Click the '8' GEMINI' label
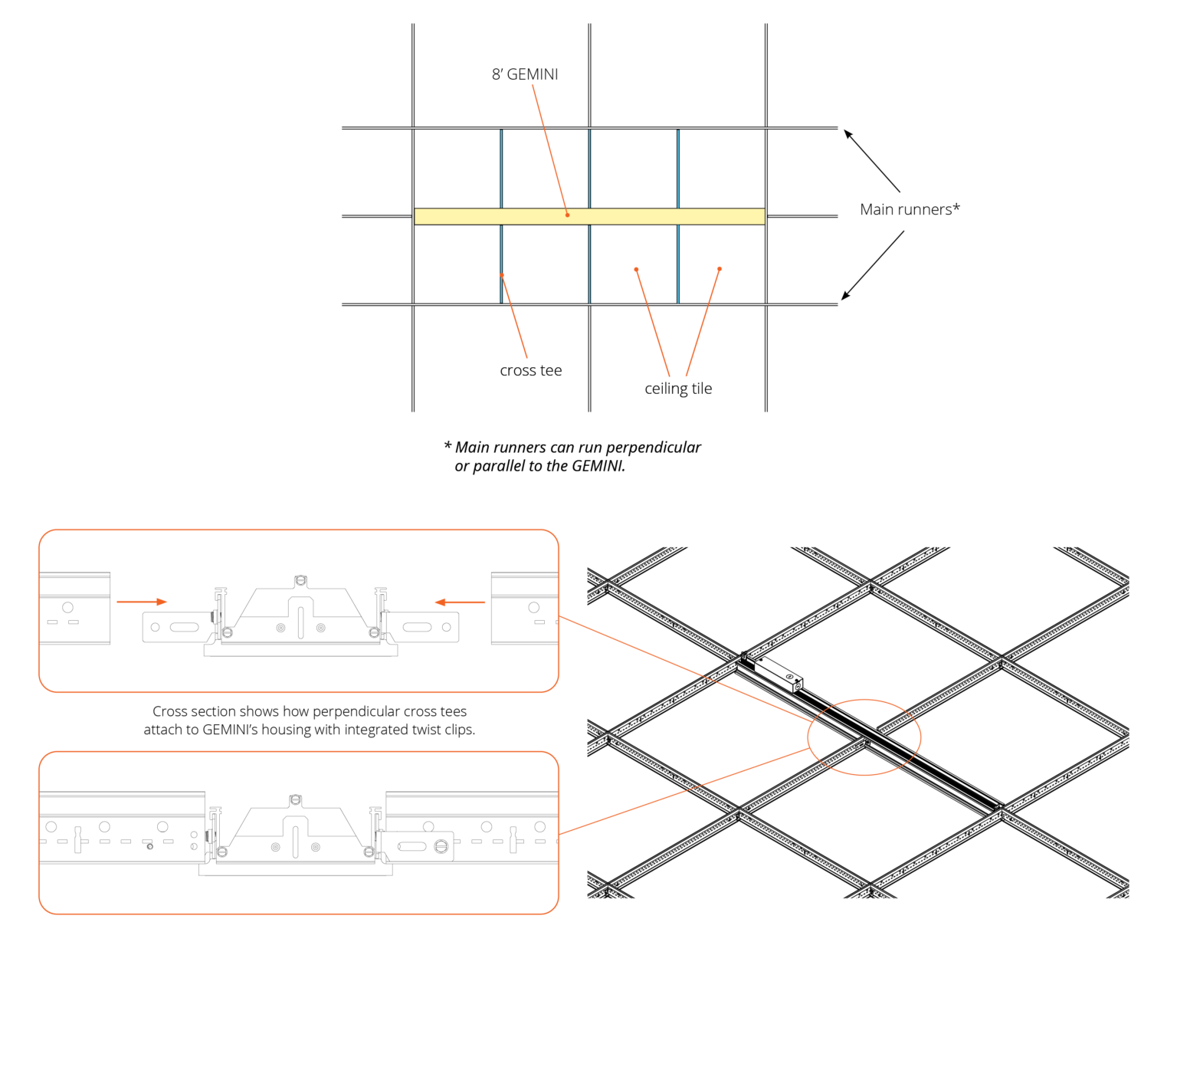click(x=525, y=74)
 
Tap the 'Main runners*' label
click(x=910, y=209)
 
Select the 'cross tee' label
click(x=531, y=370)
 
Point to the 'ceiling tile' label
click(x=678, y=389)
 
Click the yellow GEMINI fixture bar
click(x=589, y=216)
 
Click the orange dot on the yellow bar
click(x=567, y=215)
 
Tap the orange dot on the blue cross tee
click(x=502, y=275)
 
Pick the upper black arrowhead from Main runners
click(x=848, y=134)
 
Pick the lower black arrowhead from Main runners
click(x=846, y=296)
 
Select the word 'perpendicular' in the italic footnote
click(x=654, y=448)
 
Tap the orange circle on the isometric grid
click(x=864, y=737)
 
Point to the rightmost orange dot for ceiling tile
click(x=720, y=269)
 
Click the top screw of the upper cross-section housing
click(x=300, y=580)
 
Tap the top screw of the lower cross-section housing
click(x=295, y=800)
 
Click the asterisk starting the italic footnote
click(x=448, y=445)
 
